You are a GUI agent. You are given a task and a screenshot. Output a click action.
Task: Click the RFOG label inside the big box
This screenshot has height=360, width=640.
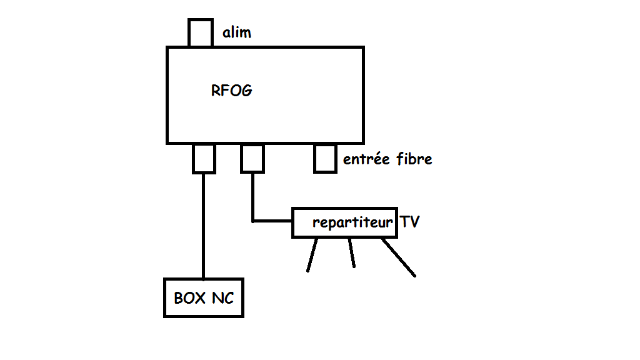pyautogui.click(x=232, y=91)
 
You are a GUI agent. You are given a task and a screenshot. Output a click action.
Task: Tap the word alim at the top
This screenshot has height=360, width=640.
pyautogui.click(x=237, y=32)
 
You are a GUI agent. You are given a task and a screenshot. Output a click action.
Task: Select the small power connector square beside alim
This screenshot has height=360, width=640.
pyautogui.click(x=200, y=32)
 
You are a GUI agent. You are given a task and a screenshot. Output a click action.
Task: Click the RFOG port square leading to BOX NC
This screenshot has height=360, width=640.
pyautogui.click(x=204, y=158)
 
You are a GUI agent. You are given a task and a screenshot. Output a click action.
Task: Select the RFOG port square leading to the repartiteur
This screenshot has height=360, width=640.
pyautogui.click(x=252, y=158)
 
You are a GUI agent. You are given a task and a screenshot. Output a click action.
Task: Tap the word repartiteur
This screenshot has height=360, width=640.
pyautogui.click(x=353, y=222)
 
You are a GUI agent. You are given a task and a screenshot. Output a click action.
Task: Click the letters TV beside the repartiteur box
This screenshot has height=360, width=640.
pyautogui.click(x=410, y=222)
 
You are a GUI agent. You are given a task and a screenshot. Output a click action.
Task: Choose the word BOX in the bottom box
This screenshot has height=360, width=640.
pyautogui.click(x=190, y=298)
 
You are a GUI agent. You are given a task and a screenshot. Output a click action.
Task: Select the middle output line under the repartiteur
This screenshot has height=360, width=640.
pyautogui.click(x=352, y=253)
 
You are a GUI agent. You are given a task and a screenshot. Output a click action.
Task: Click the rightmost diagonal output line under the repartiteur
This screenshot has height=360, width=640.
pyautogui.click(x=399, y=257)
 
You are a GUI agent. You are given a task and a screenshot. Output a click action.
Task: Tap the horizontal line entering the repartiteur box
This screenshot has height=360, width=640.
pyautogui.click(x=272, y=221)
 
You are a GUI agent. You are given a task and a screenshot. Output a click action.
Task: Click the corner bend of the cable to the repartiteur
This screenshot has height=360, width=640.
pyautogui.click(x=253, y=221)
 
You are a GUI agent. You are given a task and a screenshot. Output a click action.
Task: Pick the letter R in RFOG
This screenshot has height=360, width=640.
pyautogui.click(x=216, y=91)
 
